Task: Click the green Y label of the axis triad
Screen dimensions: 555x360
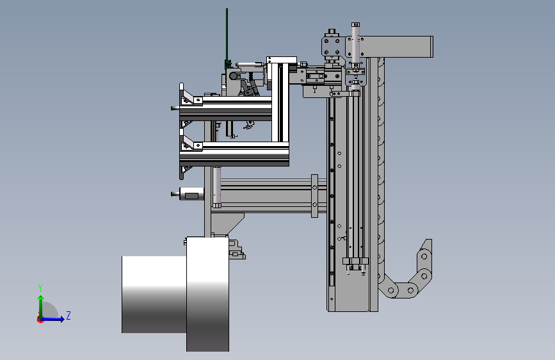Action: click(x=40, y=288)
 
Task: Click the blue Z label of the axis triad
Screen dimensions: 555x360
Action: click(x=68, y=315)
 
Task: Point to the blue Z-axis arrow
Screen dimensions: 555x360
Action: click(x=52, y=319)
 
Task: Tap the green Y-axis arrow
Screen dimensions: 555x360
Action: click(x=41, y=307)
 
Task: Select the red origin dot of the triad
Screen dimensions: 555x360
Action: click(x=40, y=320)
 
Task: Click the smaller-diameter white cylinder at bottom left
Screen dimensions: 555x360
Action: click(x=154, y=295)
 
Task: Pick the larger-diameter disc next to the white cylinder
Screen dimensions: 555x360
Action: click(x=208, y=294)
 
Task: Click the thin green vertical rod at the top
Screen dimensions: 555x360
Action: click(x=227, y=35)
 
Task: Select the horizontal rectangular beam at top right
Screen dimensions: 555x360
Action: click(x=396, y=46)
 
